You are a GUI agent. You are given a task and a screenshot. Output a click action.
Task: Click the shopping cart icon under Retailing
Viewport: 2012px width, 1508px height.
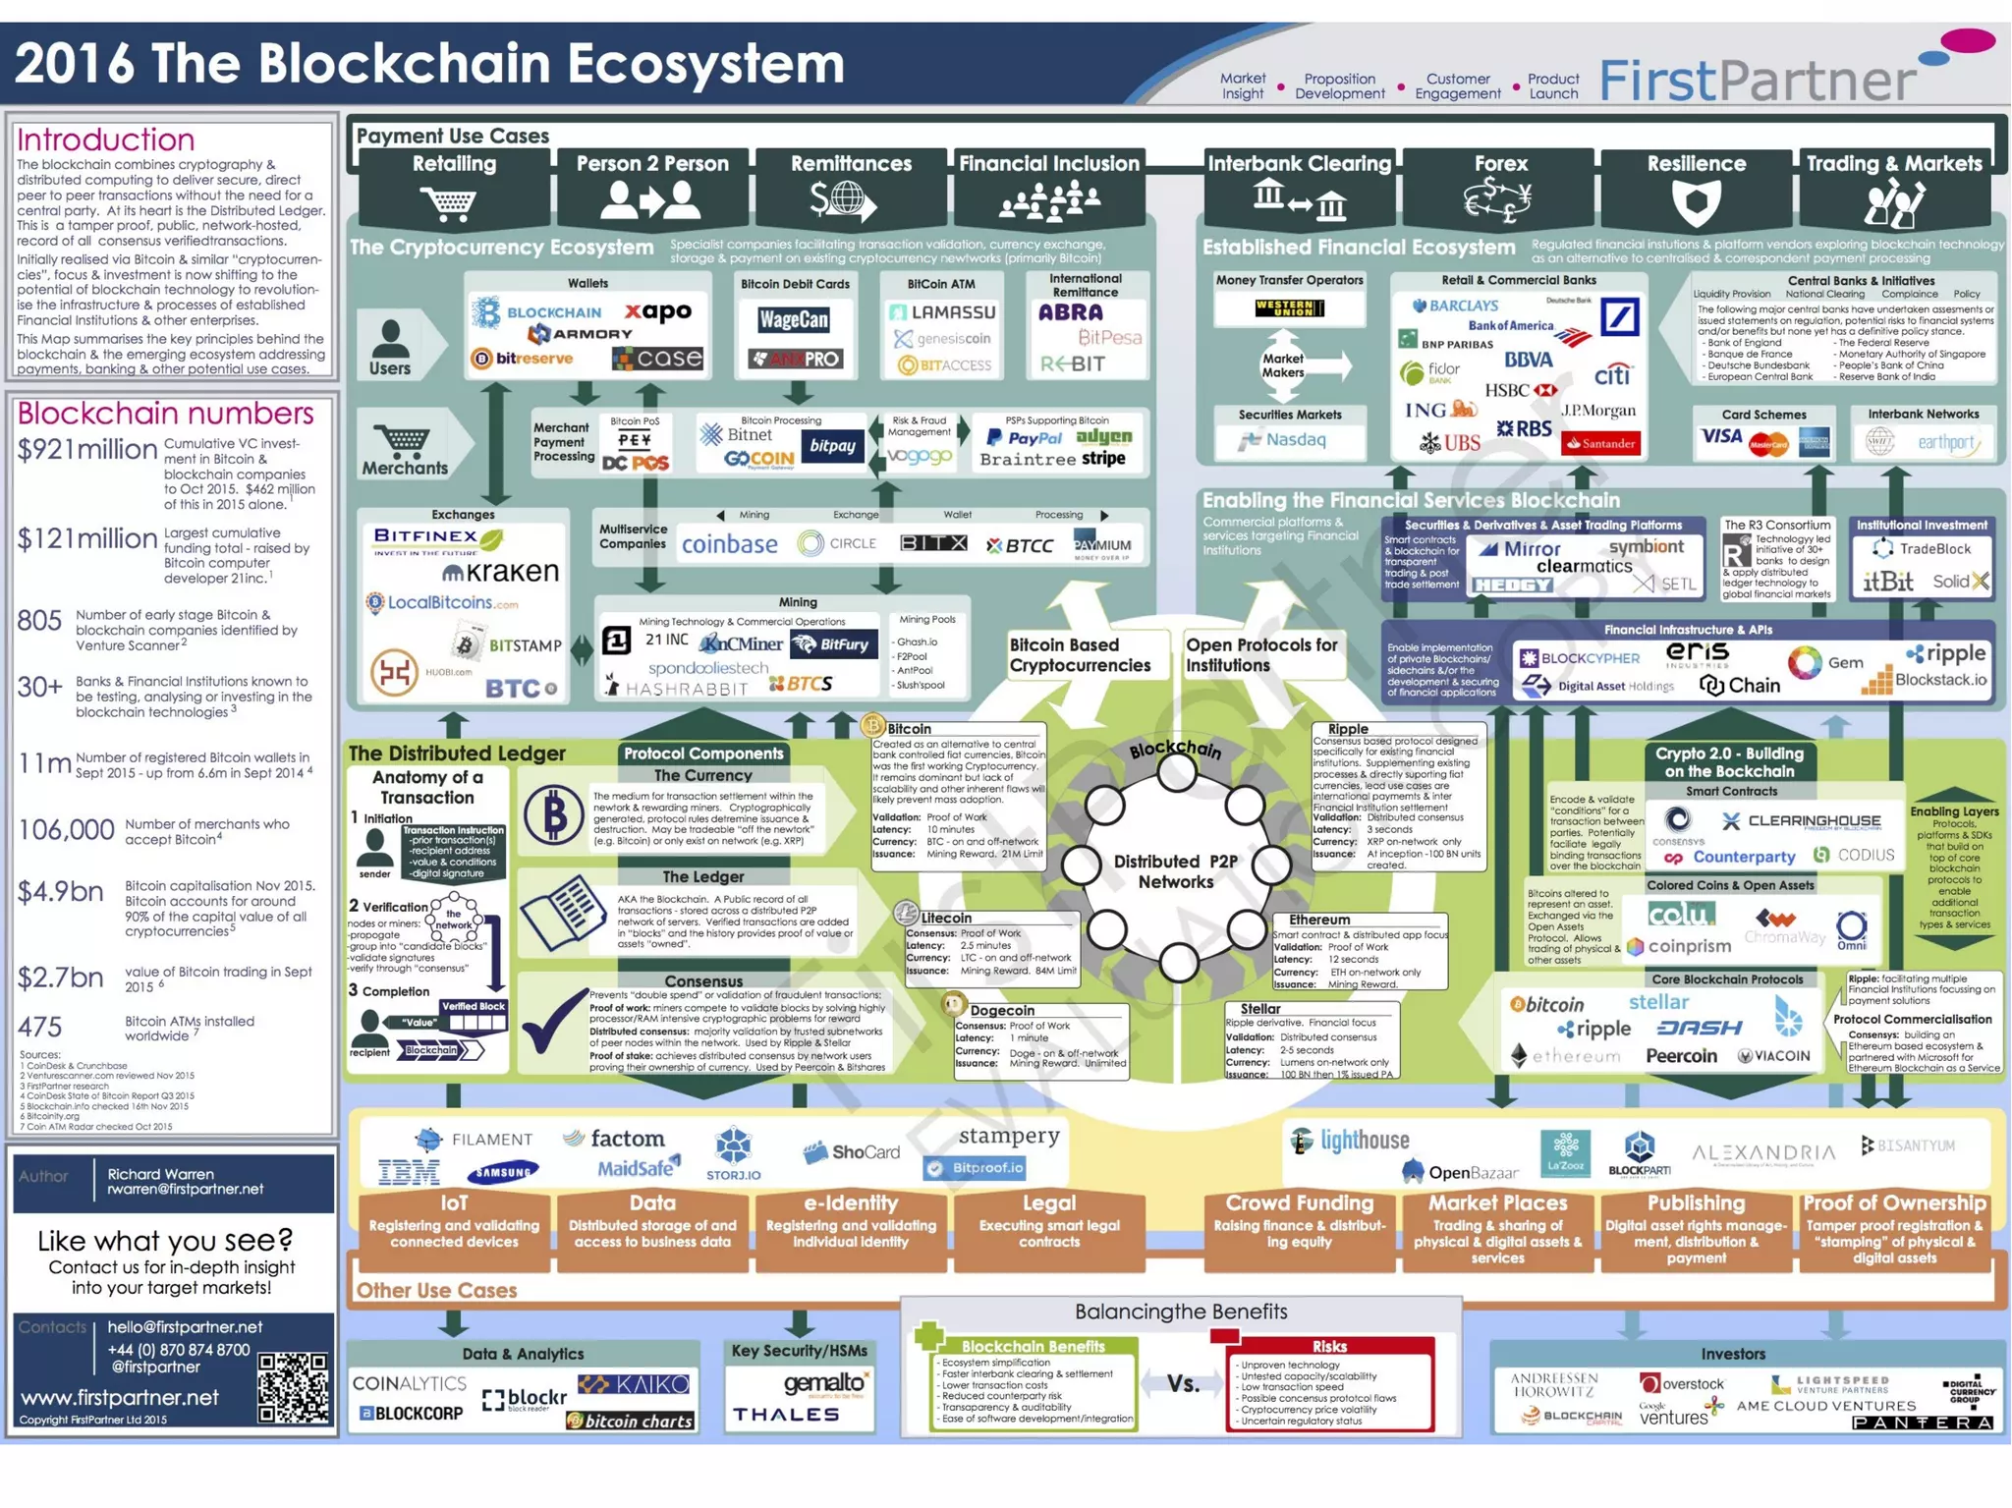coord(450,203)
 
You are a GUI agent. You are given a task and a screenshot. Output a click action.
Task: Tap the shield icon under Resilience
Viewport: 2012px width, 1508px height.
coord(1696,202)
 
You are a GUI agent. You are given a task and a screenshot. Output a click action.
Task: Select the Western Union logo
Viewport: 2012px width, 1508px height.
coord(1289,308)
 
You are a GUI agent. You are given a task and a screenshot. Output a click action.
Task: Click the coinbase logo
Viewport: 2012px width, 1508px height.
coord(729,544)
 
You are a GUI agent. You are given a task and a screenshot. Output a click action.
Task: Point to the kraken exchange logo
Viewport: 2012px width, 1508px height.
coord(500,572)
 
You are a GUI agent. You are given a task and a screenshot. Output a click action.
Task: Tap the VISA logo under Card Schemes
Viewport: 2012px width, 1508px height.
coord(1721,438)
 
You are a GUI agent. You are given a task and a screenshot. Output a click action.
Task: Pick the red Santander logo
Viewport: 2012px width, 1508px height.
coord(1601,443)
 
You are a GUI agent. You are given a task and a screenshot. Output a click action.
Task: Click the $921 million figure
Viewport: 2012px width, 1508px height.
coord(87,450)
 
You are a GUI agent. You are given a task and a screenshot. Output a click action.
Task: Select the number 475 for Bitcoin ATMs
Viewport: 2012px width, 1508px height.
coord(39,1028)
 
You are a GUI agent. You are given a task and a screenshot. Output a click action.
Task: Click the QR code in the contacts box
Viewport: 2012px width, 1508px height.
coord(293,1387)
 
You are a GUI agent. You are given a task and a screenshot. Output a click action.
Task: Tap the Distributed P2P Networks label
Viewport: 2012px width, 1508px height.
coord(1175,871)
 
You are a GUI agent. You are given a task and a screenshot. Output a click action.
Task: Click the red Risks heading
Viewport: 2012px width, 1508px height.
coord(1328,1346)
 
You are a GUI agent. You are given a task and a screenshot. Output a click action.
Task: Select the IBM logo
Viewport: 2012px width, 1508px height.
coord(409,1171)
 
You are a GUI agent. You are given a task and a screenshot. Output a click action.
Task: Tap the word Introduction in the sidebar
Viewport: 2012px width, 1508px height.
coord(106,140)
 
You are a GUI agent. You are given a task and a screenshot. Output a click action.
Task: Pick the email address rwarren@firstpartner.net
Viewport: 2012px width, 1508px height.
coord(186,1190)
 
